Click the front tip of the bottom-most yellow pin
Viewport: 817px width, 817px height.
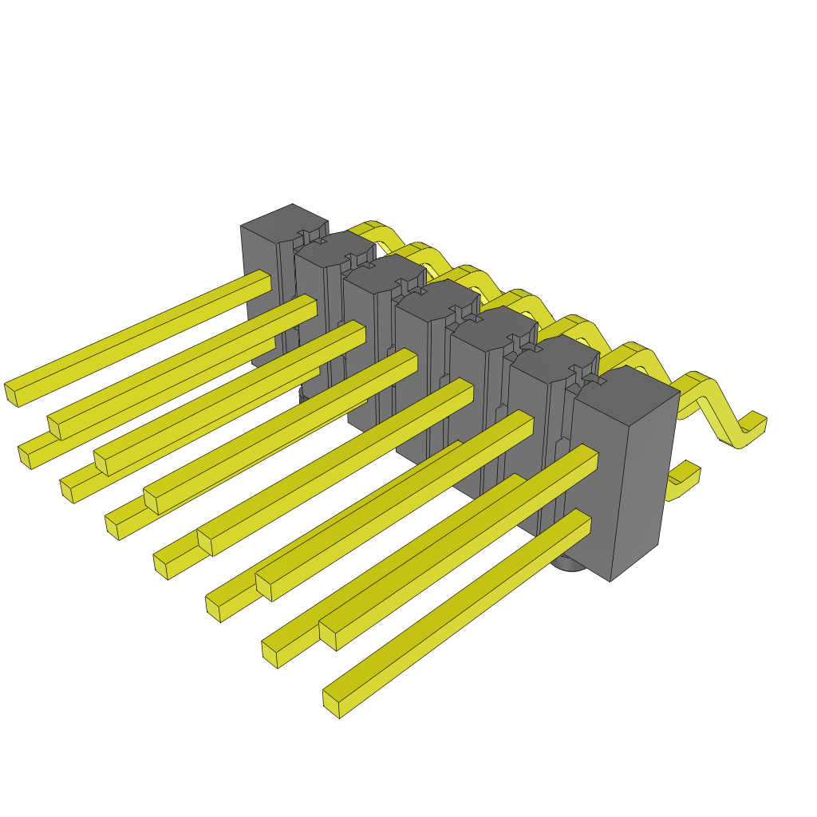(331, 704)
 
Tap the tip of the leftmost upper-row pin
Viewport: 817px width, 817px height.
(11, 394)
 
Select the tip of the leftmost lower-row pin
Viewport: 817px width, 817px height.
(25, 457)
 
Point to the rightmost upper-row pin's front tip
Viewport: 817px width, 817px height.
(327, 636)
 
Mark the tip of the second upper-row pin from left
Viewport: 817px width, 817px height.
(53, 427)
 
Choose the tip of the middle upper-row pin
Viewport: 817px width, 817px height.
(150, 501)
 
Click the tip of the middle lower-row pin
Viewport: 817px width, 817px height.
(160, 566)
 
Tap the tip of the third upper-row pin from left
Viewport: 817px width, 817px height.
(101, 463)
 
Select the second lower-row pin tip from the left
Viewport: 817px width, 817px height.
(67, 491)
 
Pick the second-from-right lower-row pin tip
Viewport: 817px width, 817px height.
(270, 654)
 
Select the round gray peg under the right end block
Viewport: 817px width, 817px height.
(568, 563)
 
